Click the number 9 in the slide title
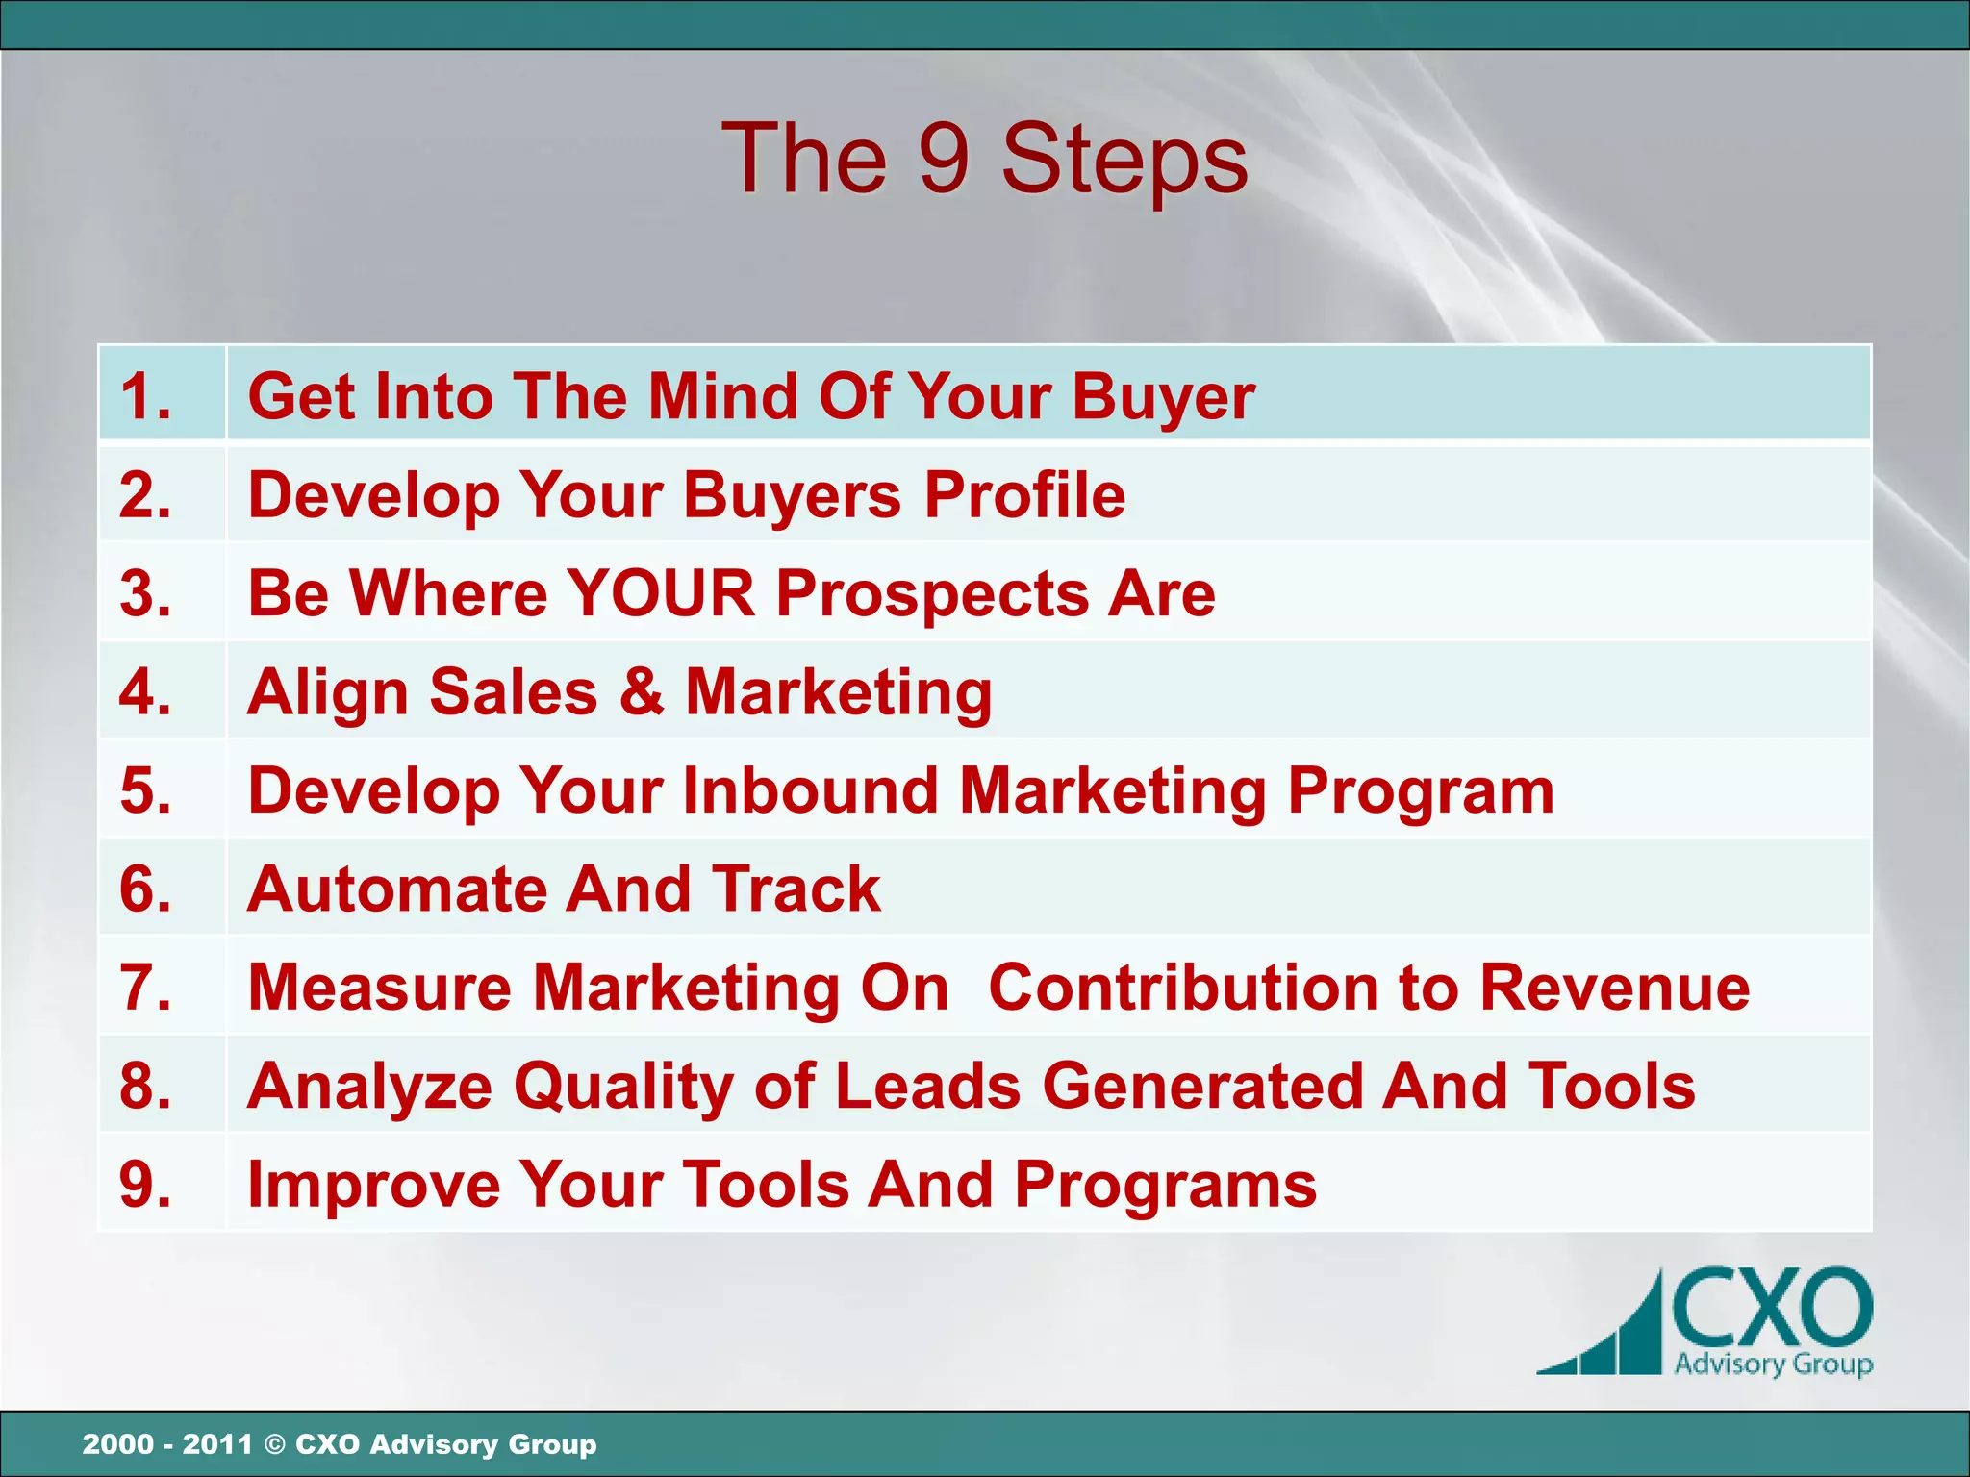tap(943, 160)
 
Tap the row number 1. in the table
tap(146, 396)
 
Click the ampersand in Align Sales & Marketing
tap(642, 691)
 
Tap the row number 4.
tap(146, 691)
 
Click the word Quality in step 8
tap(624, 1088)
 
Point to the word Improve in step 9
tap(373, 1185)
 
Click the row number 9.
tap(146, 1184)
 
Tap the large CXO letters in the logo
tap(1772, 1310)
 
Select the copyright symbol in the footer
tap(274, 1444)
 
